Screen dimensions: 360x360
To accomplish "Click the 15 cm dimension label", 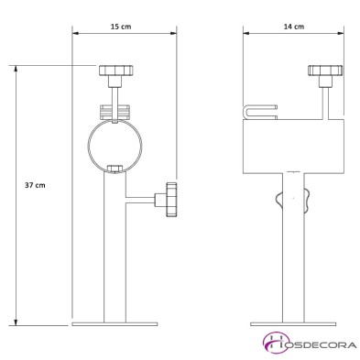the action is point(121,27).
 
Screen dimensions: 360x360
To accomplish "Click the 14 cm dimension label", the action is point(294,27).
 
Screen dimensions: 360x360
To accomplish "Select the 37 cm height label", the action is point(35,185).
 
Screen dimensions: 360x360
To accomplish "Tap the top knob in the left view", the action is point(116,71).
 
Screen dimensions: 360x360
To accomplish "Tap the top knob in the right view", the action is point(325,71).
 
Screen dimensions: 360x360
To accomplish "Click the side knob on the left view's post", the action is point(171,200).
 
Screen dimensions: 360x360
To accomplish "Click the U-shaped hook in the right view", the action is point(260,112).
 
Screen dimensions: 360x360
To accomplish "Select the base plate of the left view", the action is point(115,324).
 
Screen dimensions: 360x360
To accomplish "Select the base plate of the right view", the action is point(293,324).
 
